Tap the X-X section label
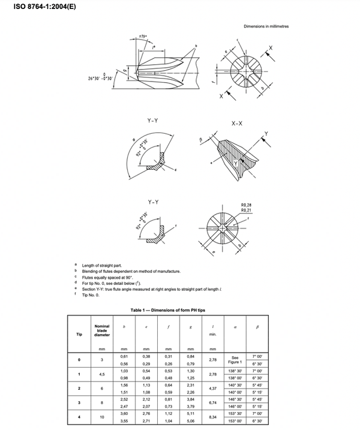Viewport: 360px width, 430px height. pos(237,123)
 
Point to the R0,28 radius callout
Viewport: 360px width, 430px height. pos(246,205)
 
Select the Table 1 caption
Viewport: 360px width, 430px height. pos(179,310)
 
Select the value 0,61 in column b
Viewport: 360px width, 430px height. pos(124,357)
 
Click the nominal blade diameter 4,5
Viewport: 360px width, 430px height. pos(102,375)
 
